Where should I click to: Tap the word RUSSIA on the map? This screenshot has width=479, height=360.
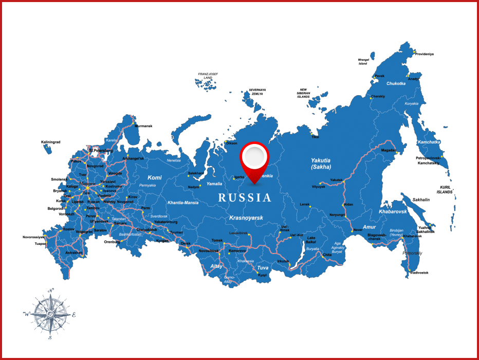click(x=245, y=197)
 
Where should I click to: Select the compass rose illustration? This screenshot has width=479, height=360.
click(x=50, y=314)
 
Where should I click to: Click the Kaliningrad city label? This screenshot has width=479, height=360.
click(x=51, y=142)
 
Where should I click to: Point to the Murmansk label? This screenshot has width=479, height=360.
click(x=143, y=126)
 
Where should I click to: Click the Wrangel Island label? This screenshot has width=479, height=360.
click(x=363, y=62)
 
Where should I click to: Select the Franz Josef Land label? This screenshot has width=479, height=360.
click(x=208, y=76)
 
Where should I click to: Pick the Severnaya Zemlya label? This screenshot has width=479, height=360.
click(x=257, y=92)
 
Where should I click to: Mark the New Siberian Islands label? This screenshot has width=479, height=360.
click(x=303, y=94)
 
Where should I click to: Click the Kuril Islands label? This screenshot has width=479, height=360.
click(x=445, y=190)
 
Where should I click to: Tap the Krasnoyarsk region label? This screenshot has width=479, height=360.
click(x=246, y=218)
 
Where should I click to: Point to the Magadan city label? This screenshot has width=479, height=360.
click(x=389, y=150)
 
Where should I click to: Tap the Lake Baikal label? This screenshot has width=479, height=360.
click(x=311, y=240)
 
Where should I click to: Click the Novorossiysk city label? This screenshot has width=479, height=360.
click(x=33, y=237)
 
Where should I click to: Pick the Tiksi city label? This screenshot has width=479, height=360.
click(x=315, y=137)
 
